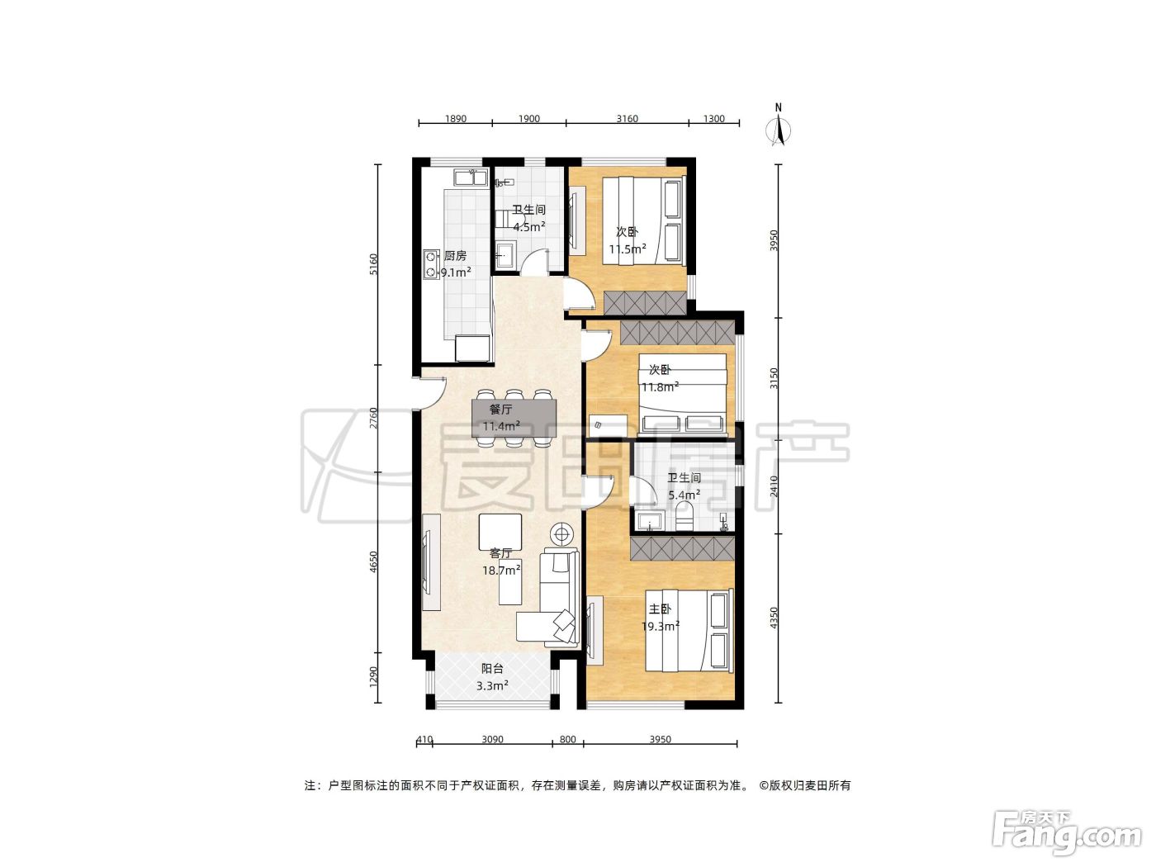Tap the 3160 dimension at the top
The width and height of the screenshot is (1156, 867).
coord(628,118)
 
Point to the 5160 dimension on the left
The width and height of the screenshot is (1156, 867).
coord(373,264)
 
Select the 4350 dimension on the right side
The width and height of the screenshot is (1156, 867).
coord(774,618)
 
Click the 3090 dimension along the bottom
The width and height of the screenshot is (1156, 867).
coord(492,739)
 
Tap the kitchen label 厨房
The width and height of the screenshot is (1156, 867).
coord(455,256)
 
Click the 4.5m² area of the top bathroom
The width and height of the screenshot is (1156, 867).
coord(529,227)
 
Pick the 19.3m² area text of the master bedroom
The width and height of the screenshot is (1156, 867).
coord(661,626)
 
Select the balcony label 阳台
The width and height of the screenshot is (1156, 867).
coord(492,669)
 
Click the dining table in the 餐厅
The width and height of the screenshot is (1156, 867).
coord(514,418)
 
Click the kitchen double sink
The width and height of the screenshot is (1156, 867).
coord(102,178)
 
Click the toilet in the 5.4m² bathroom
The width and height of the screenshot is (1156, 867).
coord(685,516)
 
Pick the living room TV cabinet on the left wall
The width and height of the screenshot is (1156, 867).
coord(431,561)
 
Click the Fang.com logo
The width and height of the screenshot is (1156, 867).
coord(1067,834)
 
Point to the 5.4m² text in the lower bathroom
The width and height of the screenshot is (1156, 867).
coord(685,495)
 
